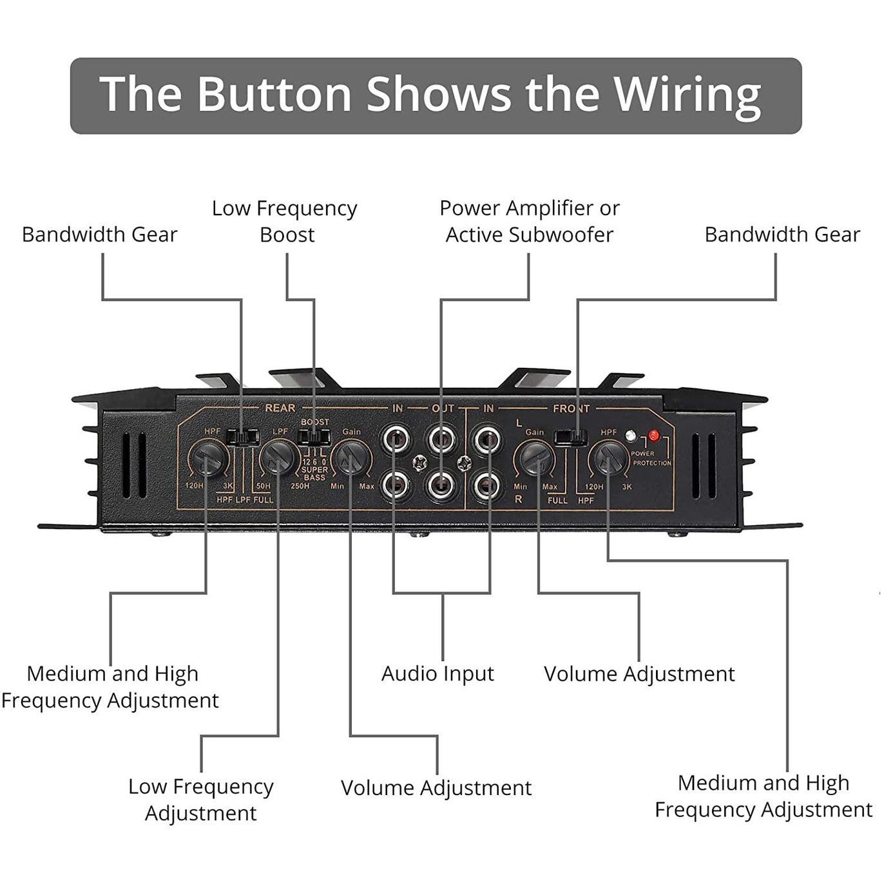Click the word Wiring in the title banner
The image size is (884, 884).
[x=687, y=95]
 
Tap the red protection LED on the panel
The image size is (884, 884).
[x=654, y=436]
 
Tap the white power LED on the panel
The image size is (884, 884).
[x=631, y=436]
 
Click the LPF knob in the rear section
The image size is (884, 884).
[x=279, y=456]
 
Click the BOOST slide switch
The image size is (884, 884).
[x=314, y=437]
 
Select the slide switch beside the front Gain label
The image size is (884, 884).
[x=570, y=437]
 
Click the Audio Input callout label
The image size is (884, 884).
[x=437, y=674]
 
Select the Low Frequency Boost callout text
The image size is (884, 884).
[x=285, y=221]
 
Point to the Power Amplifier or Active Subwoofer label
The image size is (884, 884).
[x=529, y=221]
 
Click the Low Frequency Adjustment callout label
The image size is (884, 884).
[x=200, y=800]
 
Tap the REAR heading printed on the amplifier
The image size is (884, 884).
[x=280, y=408]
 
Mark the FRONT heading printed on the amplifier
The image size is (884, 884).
[x=571, y=408]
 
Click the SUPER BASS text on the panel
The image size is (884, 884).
[x=314, y=474]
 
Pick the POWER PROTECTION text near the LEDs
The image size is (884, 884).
[x=651, y=458]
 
